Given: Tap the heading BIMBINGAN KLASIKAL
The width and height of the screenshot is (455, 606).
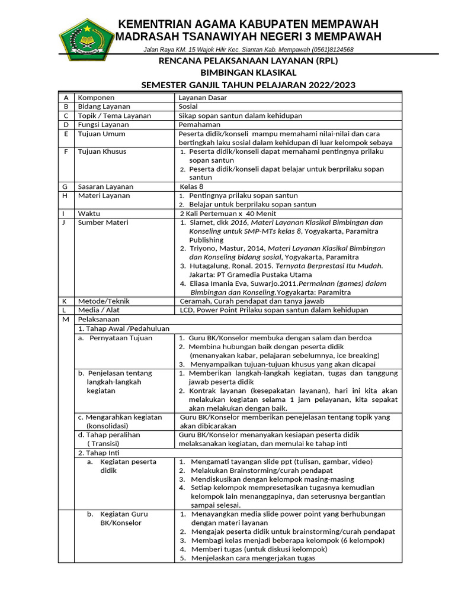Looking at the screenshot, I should tap(248, 73).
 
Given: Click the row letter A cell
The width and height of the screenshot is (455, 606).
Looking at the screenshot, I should tap(65, 97).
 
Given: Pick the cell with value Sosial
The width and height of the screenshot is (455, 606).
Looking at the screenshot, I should tap(188, 107).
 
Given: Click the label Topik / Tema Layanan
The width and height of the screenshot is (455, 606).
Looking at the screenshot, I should tap(114, 116).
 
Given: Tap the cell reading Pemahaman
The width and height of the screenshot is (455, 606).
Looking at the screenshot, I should tap(200, 125).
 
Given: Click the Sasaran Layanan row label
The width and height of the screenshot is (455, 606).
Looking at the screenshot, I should tap(104, 186).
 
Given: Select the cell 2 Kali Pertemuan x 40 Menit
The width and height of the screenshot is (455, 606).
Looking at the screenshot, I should tap(227, 213).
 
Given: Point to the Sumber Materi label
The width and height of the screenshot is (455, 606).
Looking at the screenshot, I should tap(103, 223).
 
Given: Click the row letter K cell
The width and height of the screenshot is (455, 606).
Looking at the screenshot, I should tap(65, 301).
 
